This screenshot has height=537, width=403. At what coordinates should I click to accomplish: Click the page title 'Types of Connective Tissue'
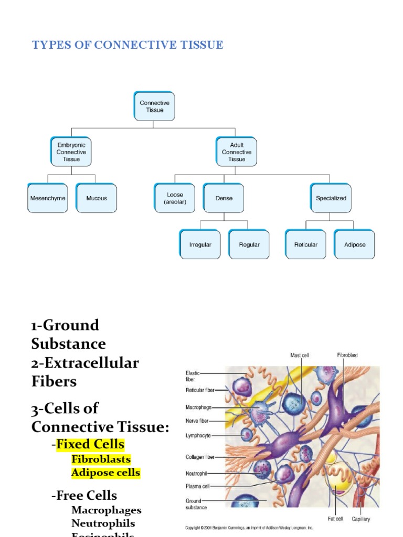pyautogui.click(x=128, y=45)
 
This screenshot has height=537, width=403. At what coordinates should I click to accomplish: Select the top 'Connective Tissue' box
pyautogui.click(x=154, y=106)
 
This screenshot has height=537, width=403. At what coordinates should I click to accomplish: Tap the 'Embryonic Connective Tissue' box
pyautogui.click(x=71, y=152)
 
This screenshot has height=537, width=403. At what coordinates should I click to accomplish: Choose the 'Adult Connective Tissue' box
pyautogui.click(x=236, y=152)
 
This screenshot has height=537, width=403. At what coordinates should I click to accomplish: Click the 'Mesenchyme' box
pyautogui.click(x=48, y=198)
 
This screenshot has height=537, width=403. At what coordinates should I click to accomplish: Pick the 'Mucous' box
pyautogui.click(x=97, y=198)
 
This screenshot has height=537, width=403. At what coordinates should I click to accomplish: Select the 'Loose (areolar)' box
pyautogui.click(x=175, y=198)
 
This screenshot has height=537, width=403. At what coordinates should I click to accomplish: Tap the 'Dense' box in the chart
pyautogui.click(x=224, y=198)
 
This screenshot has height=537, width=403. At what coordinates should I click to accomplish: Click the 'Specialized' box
pyautogui.click(x=331, y=198)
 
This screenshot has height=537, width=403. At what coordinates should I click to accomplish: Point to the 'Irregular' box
pyautogui.click(x=200, y=244)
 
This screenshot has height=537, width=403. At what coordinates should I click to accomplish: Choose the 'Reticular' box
pyautogui.click(x=305, y=244)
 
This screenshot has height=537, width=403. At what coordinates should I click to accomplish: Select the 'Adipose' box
pyautogui.click(x=355, y=244)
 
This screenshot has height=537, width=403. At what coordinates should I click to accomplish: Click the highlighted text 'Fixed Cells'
pyautogui.click(x=90, y=445)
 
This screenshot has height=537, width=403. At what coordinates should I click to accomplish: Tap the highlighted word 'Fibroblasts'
pyautogui.click(x=101, y=459)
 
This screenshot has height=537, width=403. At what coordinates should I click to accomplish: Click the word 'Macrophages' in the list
pyautogui.click(x=107, y=510)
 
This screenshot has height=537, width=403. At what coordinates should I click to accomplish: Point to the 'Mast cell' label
pyautogui.click(x=300, y=356)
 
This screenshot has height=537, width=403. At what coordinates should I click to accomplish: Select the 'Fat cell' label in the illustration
pyautogui.click(x=335, y=519)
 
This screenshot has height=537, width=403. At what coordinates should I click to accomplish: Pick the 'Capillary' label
pyautogui.click(x=360, y=519)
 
